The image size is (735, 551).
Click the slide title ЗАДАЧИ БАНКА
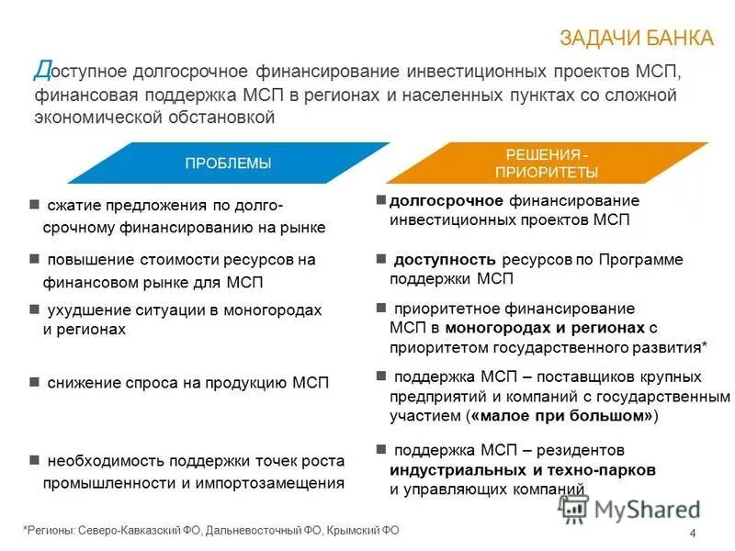coord(636,37)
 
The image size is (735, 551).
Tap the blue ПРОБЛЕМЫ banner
coord(228,163)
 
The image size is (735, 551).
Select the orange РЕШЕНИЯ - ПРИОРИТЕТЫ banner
coord(547,163)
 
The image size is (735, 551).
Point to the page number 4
coord(692,535)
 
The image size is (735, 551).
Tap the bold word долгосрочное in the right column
coord(446,200)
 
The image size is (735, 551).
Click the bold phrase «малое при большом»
coord(562,416)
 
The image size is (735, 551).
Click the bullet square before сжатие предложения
coord(34,204)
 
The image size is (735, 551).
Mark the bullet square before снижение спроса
coord(34,381)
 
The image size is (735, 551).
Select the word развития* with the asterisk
coord(668,347)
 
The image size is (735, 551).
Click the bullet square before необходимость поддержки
coord(34,459)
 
